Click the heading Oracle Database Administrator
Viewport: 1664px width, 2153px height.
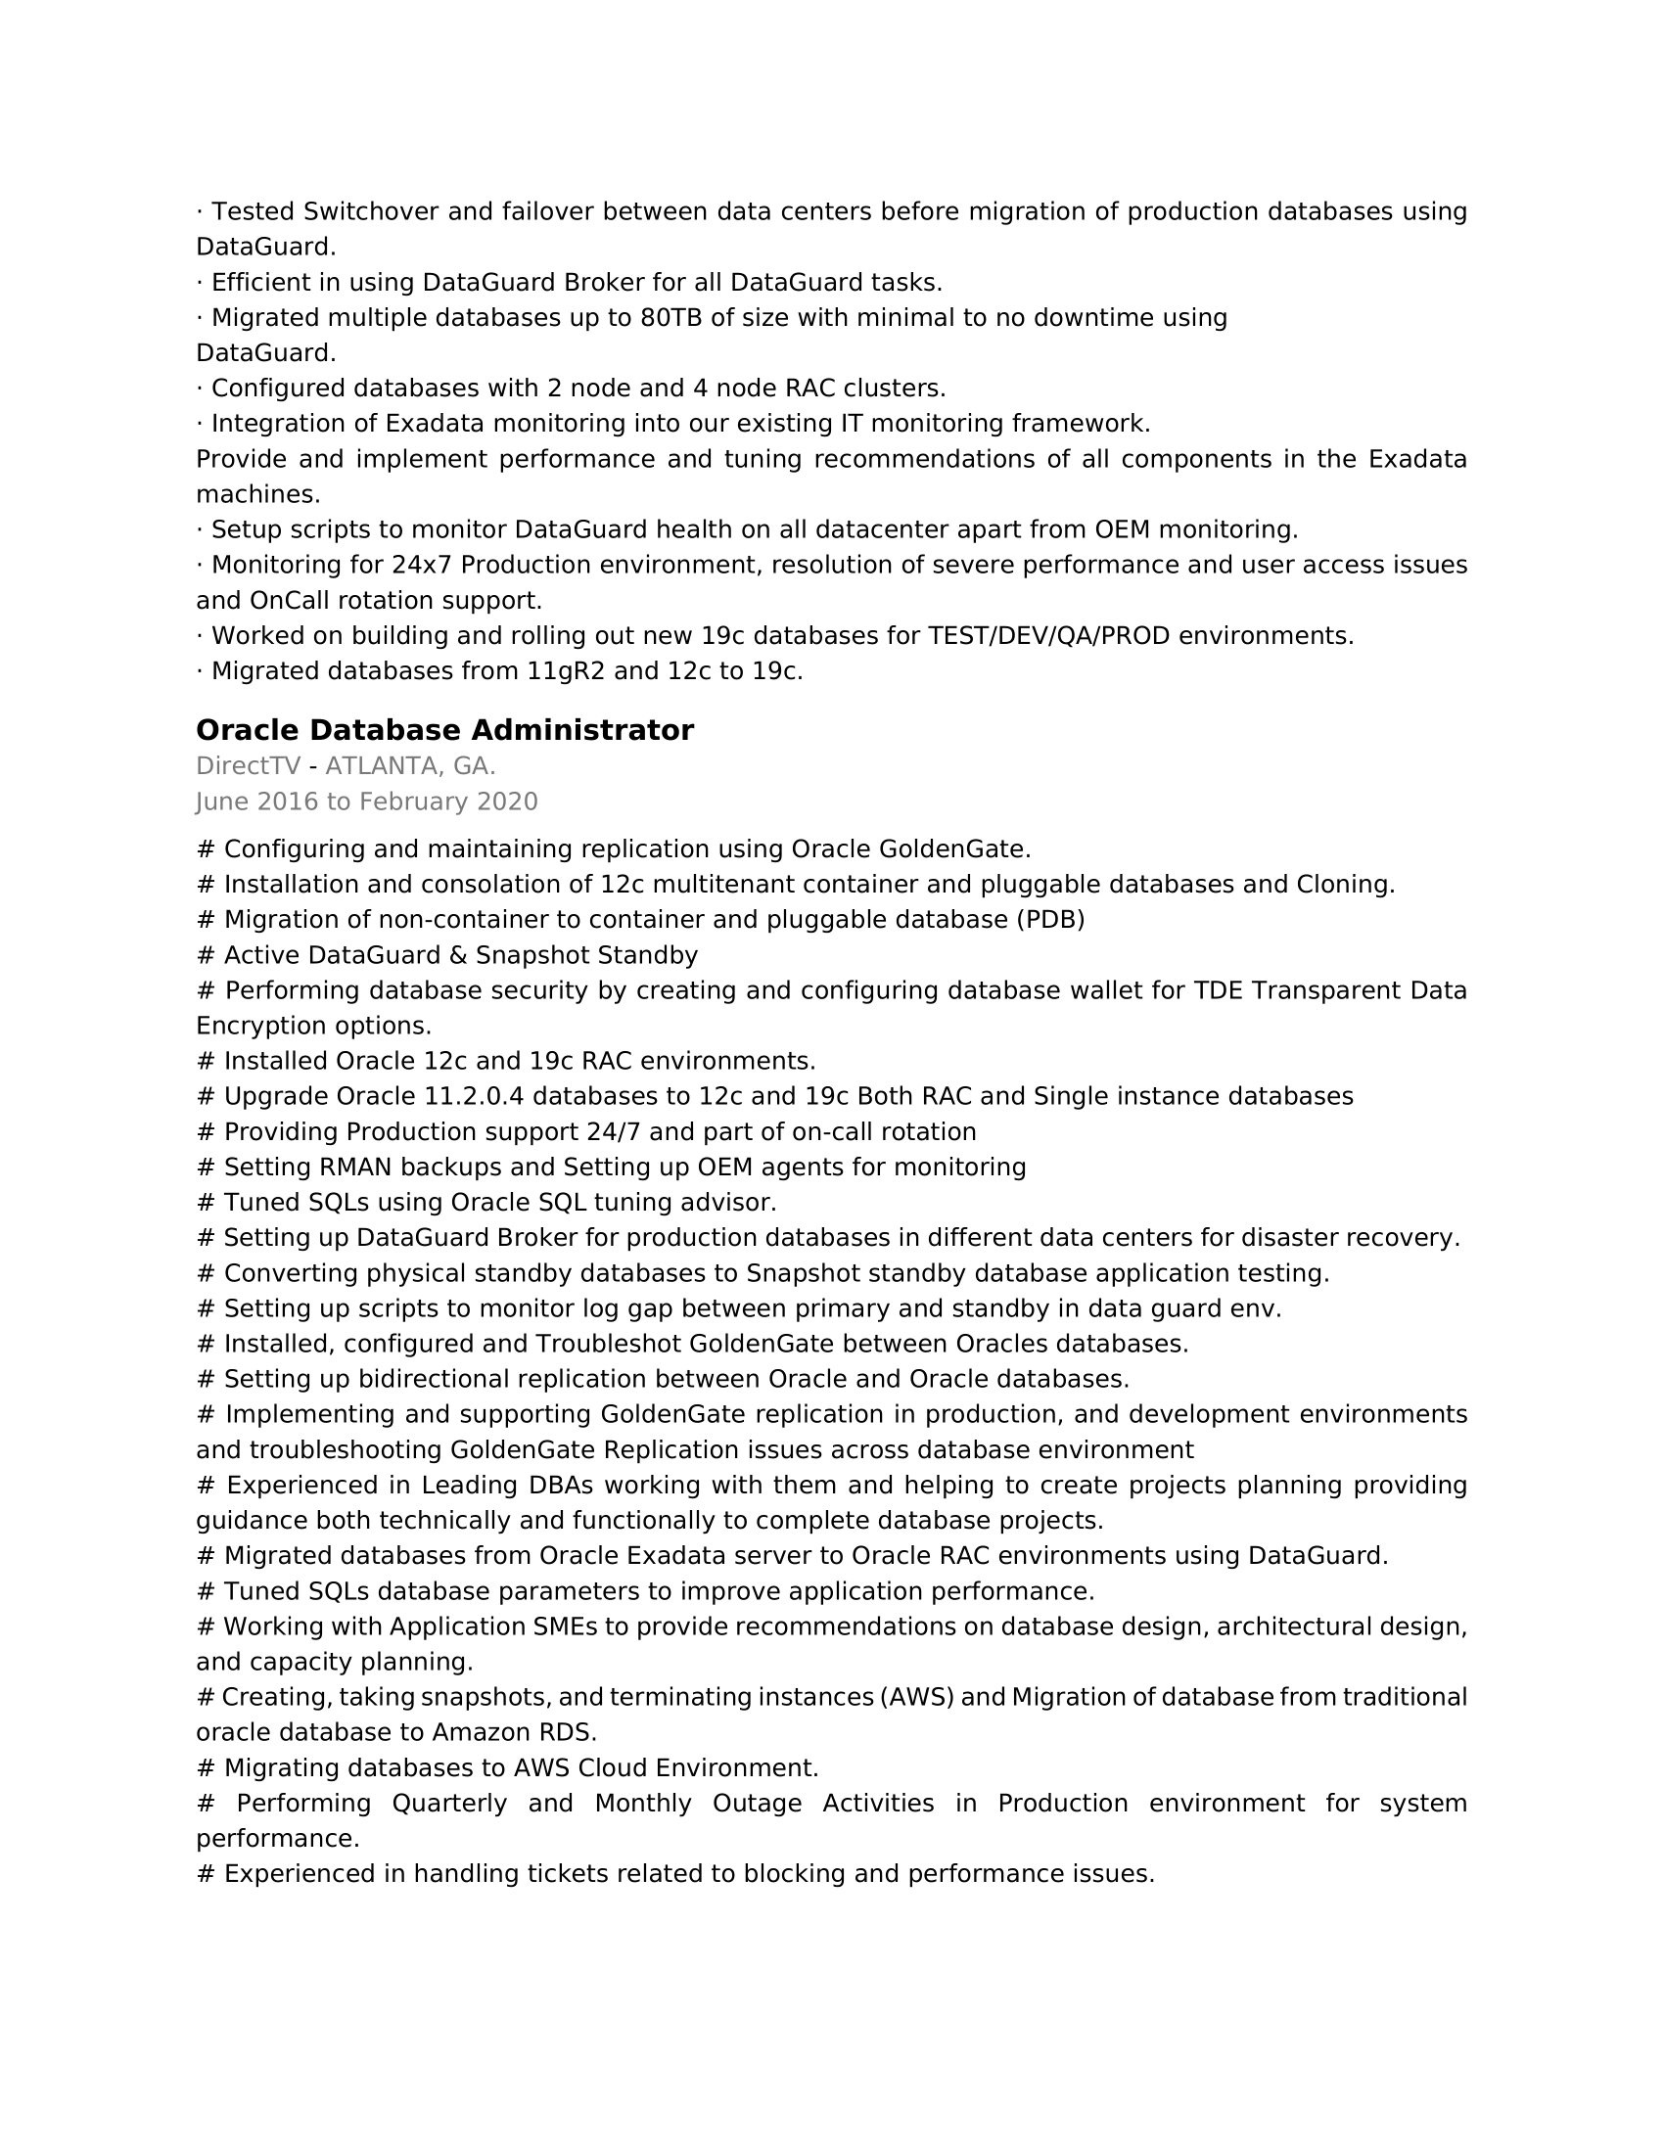[444, 730]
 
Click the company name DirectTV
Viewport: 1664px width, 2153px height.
[248, 766]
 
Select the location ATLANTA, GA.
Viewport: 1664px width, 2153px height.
[410, 766]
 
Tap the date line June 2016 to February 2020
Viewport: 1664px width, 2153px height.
[367, 802]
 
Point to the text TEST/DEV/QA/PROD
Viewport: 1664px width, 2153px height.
[1049, 636]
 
